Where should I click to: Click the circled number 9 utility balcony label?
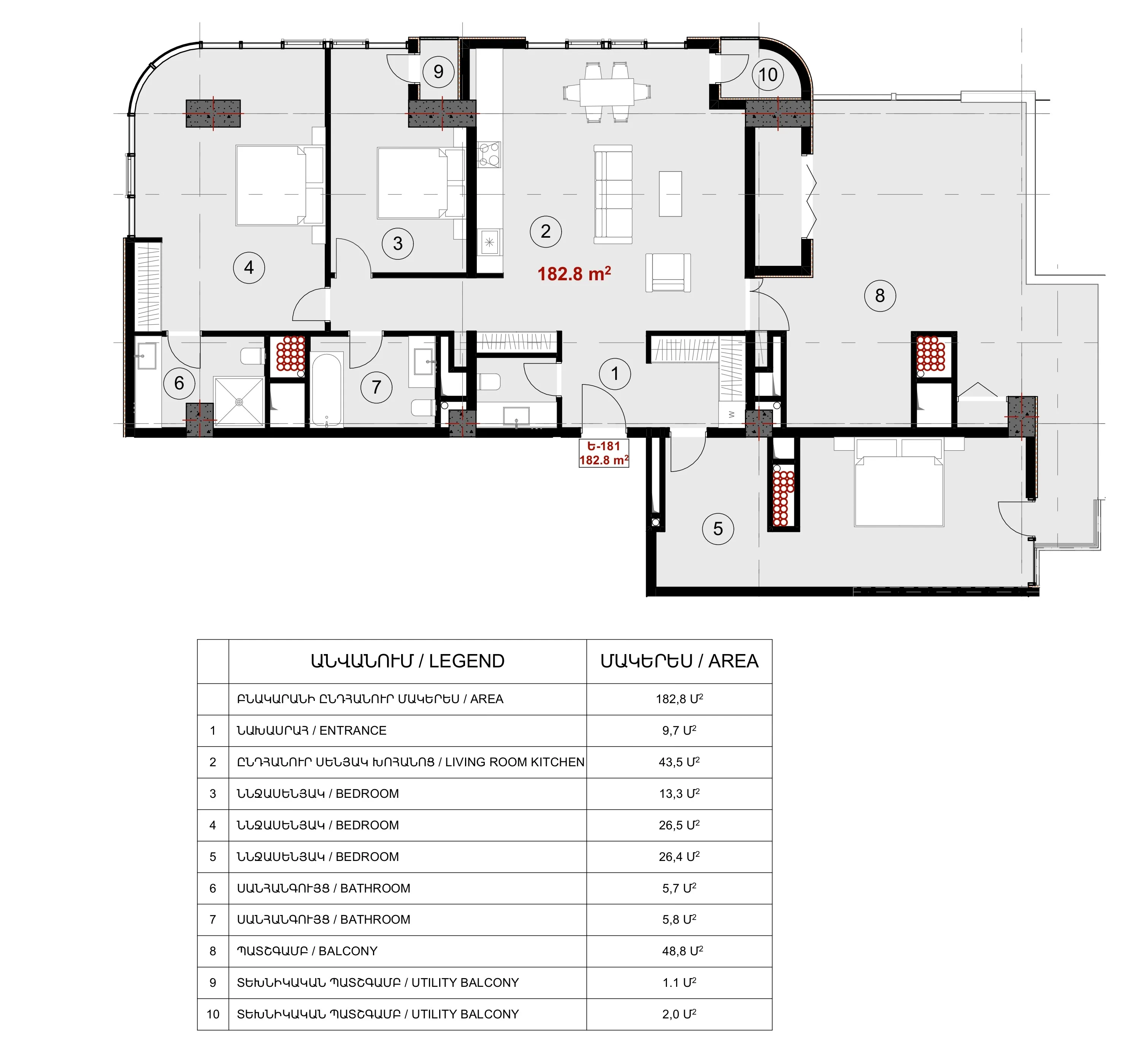click(x=438, y=72)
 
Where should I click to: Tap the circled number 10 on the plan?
click(x=768, y=75)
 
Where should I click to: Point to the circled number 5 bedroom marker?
click(x=718, y=529)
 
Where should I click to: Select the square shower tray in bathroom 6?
click(x=239, y=402)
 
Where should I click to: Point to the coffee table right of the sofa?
click(x=670, y=194)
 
